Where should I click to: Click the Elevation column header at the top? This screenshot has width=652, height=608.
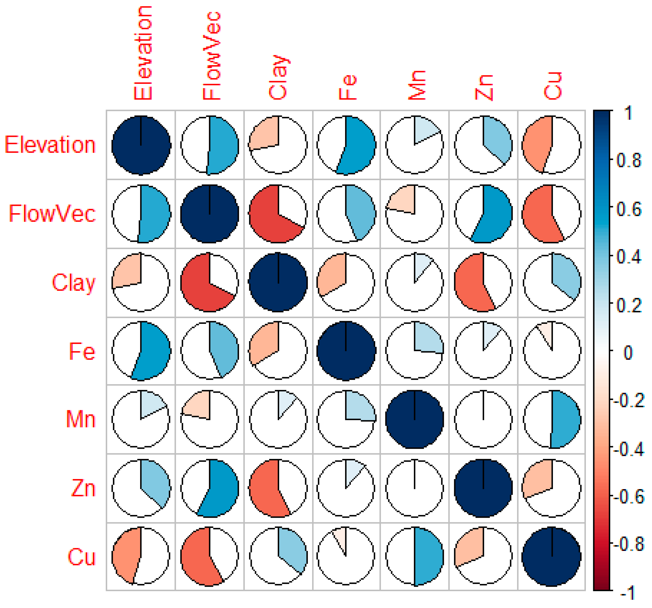[x=143, y=52]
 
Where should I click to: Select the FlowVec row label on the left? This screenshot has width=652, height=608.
[x=52, y=214]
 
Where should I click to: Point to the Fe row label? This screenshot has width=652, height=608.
[x=82, y=351]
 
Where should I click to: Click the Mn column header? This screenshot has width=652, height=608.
[x=416, y=85]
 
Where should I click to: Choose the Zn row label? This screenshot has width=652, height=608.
[x=83, y=488]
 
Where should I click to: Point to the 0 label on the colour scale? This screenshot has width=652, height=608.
[x=628, y=353]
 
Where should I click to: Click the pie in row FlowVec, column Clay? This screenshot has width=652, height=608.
[x=278, y=214]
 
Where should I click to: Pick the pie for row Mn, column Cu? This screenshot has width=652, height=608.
[x=552, y=419]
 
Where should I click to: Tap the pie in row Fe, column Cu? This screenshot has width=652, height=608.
[x=552, y=350]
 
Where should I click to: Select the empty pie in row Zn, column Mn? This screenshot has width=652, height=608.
[x=415, y=488]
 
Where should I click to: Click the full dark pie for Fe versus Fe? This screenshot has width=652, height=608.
[x=346, y=350]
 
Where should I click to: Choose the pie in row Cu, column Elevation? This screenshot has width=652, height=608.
[x=141, y=556]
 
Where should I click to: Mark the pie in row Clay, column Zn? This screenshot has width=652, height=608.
[x=483, y=282]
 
